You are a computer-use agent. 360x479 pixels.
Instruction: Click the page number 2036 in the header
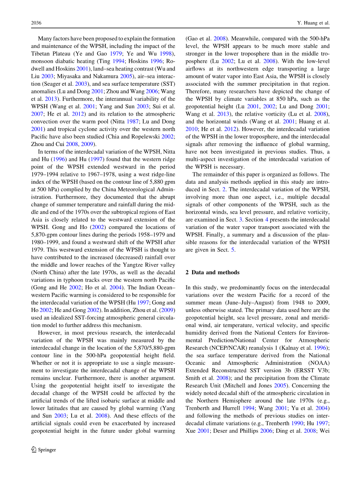click(x=36, y=23)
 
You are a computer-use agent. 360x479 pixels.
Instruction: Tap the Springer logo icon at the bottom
click(x=34, y=449)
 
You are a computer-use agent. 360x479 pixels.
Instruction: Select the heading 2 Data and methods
click(x=212, y=272)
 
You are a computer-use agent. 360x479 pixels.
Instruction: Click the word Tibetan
click(x=40, y=54)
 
